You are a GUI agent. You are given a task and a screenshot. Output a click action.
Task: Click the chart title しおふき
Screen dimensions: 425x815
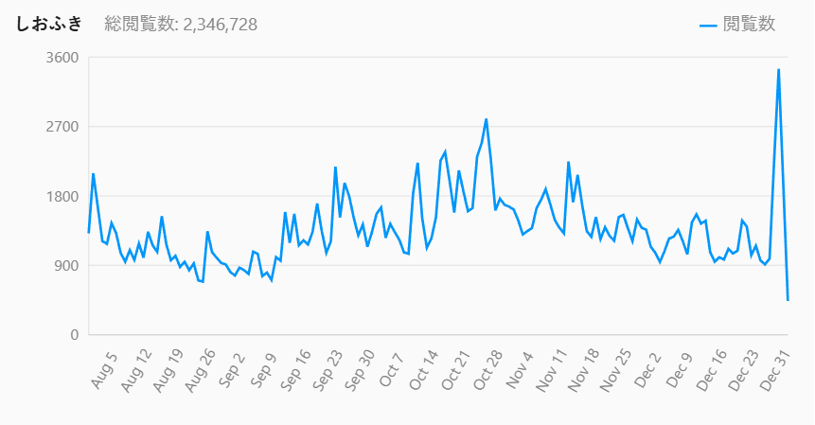(48, 24)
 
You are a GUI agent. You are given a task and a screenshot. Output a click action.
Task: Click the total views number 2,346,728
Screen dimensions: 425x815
(219, 24)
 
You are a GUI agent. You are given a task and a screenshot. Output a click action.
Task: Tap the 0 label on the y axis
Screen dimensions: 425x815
(71, 335)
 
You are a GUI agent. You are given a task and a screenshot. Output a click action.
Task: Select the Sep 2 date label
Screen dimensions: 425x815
(232, 366)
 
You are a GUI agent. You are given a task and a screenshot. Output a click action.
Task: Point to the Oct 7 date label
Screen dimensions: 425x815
(391, 366)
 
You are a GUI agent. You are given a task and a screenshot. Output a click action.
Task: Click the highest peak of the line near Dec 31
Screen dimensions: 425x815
(778, 69)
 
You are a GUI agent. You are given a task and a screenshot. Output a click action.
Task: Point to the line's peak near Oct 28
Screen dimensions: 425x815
(486, 119)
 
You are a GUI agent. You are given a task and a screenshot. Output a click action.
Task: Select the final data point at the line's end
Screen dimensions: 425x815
(788, 300)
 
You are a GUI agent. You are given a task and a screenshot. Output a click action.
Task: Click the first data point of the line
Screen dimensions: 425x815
(88, 232)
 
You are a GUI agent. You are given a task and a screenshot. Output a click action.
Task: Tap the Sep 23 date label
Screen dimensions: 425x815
(327, 369)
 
